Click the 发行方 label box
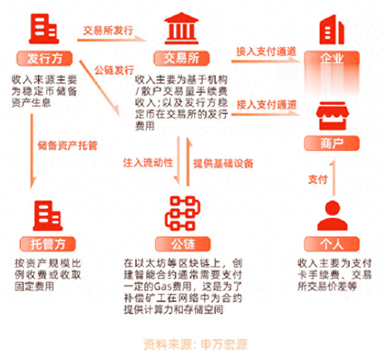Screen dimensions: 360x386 [44, 59]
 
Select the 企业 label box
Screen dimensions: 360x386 [332, 59]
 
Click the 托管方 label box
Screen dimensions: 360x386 [44, 244]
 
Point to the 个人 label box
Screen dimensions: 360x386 [332, 244]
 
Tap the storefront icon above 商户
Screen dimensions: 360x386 [332, 116]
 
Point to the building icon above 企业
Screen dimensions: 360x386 [332, 29]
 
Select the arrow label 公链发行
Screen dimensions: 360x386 [114, 69]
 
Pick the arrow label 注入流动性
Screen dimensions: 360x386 [149, 163]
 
